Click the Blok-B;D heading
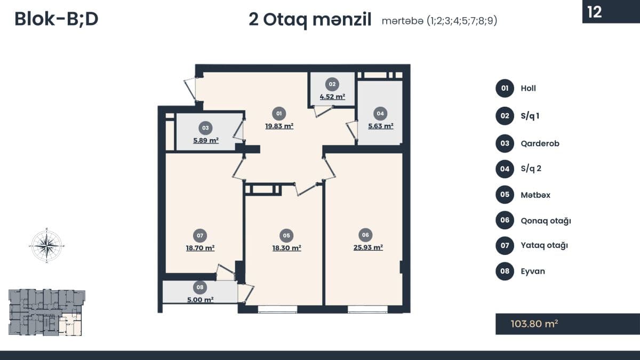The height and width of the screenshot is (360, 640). point(57,19)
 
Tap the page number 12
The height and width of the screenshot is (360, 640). point(595,12)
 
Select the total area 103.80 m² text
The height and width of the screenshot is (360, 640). point(534,324)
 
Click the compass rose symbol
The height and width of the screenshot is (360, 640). point(46,245)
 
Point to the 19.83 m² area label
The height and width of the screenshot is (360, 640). point(279,126)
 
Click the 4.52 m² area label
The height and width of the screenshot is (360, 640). point(332,97)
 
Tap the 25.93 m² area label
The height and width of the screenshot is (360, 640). point(368,247)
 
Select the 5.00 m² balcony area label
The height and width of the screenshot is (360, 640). point(201,300)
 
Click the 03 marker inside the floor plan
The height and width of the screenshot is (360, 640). point(205,128)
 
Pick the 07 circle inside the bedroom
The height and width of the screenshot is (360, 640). point(200,235)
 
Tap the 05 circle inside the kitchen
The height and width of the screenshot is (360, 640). point(286,235)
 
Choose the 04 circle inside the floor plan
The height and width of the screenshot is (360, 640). point(380,114)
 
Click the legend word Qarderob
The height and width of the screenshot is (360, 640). point(540,143)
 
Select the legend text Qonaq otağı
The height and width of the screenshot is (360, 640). point(546,221)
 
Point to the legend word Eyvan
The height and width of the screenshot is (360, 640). point(533,271)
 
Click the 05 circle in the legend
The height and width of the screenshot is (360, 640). point(505,195)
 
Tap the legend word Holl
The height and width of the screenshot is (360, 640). point(529,89)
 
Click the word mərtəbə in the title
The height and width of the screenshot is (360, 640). point(402,21)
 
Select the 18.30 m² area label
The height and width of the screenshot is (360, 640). point(286,247)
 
